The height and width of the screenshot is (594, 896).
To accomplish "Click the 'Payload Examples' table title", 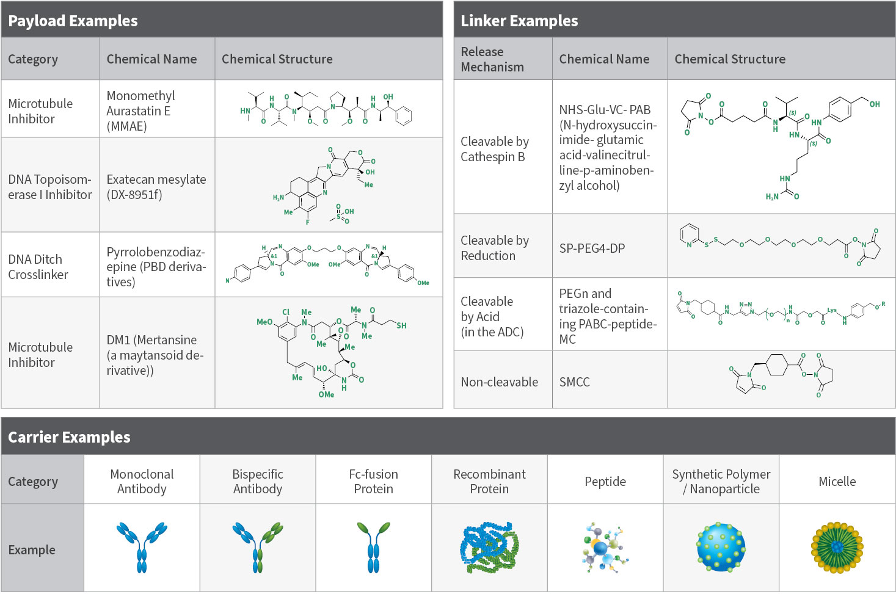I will coord(73,21).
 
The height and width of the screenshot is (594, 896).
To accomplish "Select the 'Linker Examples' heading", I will coord(519,21).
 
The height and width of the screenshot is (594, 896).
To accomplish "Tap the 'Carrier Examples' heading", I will coord(69,437).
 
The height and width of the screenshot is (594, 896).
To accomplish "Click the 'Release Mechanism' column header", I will coord(492,59).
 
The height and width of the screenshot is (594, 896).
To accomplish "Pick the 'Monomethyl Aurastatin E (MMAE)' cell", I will coord(140,111).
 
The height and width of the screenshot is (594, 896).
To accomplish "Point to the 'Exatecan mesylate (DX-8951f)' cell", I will coord(156,187).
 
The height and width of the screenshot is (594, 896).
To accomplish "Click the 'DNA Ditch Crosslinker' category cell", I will coord(38,267).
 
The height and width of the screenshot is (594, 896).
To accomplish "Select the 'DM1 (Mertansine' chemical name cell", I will coord(155,355).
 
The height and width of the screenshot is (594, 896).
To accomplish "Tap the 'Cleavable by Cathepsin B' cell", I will coord(494,149).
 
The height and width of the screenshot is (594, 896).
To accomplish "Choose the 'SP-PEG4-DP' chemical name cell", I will coord(592,248).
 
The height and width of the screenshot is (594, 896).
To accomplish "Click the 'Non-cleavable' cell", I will coord(499,382).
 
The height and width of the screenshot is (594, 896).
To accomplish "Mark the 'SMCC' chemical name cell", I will coord(574,382).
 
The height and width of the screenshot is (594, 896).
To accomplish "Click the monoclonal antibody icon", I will coord(142,547).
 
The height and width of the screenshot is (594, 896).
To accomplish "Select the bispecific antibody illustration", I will coord(258,547).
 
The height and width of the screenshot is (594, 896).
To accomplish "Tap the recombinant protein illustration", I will coord(489,547).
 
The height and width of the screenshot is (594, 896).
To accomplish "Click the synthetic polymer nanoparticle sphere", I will coord(721,547).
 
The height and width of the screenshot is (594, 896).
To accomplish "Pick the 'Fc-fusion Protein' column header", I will coord(373,482).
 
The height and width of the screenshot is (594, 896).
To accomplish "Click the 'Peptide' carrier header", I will coord(605,482).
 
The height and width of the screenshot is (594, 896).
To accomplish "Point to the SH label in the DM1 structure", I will coord(401,325).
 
